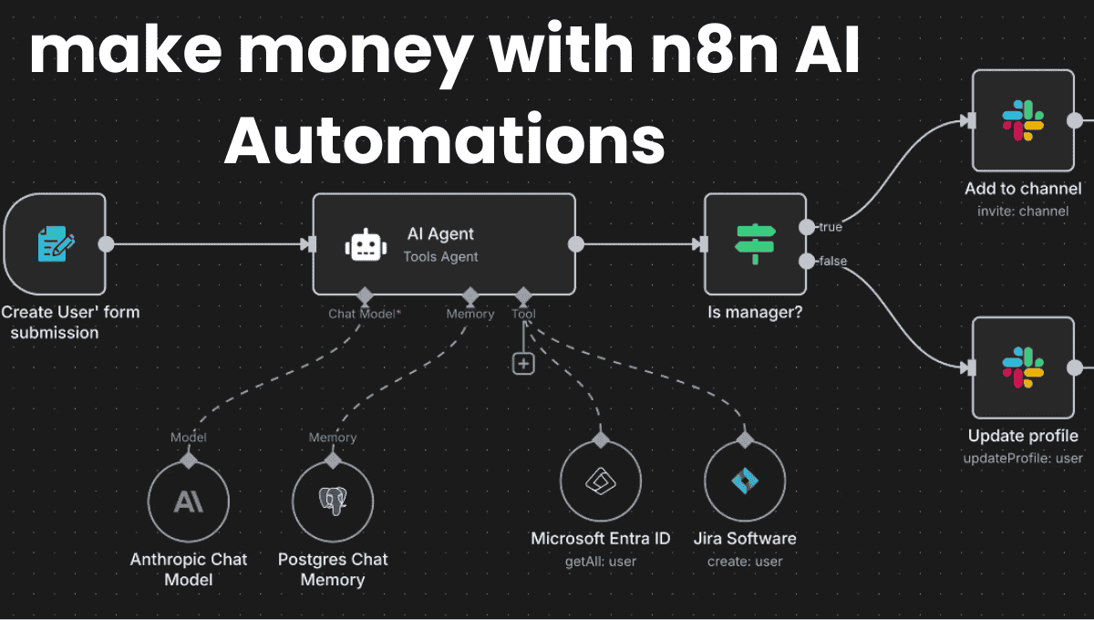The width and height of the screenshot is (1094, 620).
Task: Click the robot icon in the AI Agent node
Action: (365, 245)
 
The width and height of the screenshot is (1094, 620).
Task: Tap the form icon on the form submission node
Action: (56, 244)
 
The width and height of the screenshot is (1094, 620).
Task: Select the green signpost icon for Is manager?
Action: (755, 243)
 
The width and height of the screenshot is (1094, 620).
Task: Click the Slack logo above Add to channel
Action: (1023, 119)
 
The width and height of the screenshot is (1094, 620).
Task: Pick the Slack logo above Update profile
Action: (1023, 367)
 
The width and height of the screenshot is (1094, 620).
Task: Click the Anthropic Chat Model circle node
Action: (189, 501)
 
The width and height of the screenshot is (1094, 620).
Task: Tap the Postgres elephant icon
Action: (332, 501)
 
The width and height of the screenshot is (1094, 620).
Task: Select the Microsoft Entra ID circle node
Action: (600, 480)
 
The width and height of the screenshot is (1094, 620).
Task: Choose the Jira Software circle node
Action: (745, 480)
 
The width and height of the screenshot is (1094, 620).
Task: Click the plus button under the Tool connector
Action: (523, 363)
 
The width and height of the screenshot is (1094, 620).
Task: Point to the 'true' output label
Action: (831, 226)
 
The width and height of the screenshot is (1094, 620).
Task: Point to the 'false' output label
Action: (832, 262)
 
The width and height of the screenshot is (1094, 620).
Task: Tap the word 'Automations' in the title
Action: (444, 141)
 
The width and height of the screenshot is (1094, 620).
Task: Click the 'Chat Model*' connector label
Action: (365, 314)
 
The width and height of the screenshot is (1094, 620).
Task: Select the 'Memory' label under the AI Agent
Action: (470, 314)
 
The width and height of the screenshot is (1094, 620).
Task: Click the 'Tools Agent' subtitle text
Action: (440, 257)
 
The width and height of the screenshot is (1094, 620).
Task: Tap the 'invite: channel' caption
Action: (1022, 212)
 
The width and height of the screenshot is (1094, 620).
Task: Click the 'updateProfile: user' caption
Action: (1023, 458)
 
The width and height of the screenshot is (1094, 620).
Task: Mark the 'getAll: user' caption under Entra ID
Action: (600, 562)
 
